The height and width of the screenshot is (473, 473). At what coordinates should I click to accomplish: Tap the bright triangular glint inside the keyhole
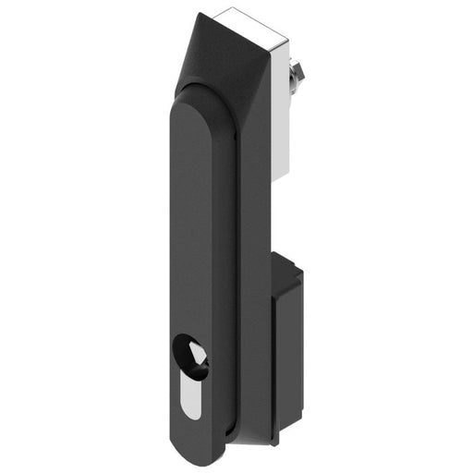(196, 352)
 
